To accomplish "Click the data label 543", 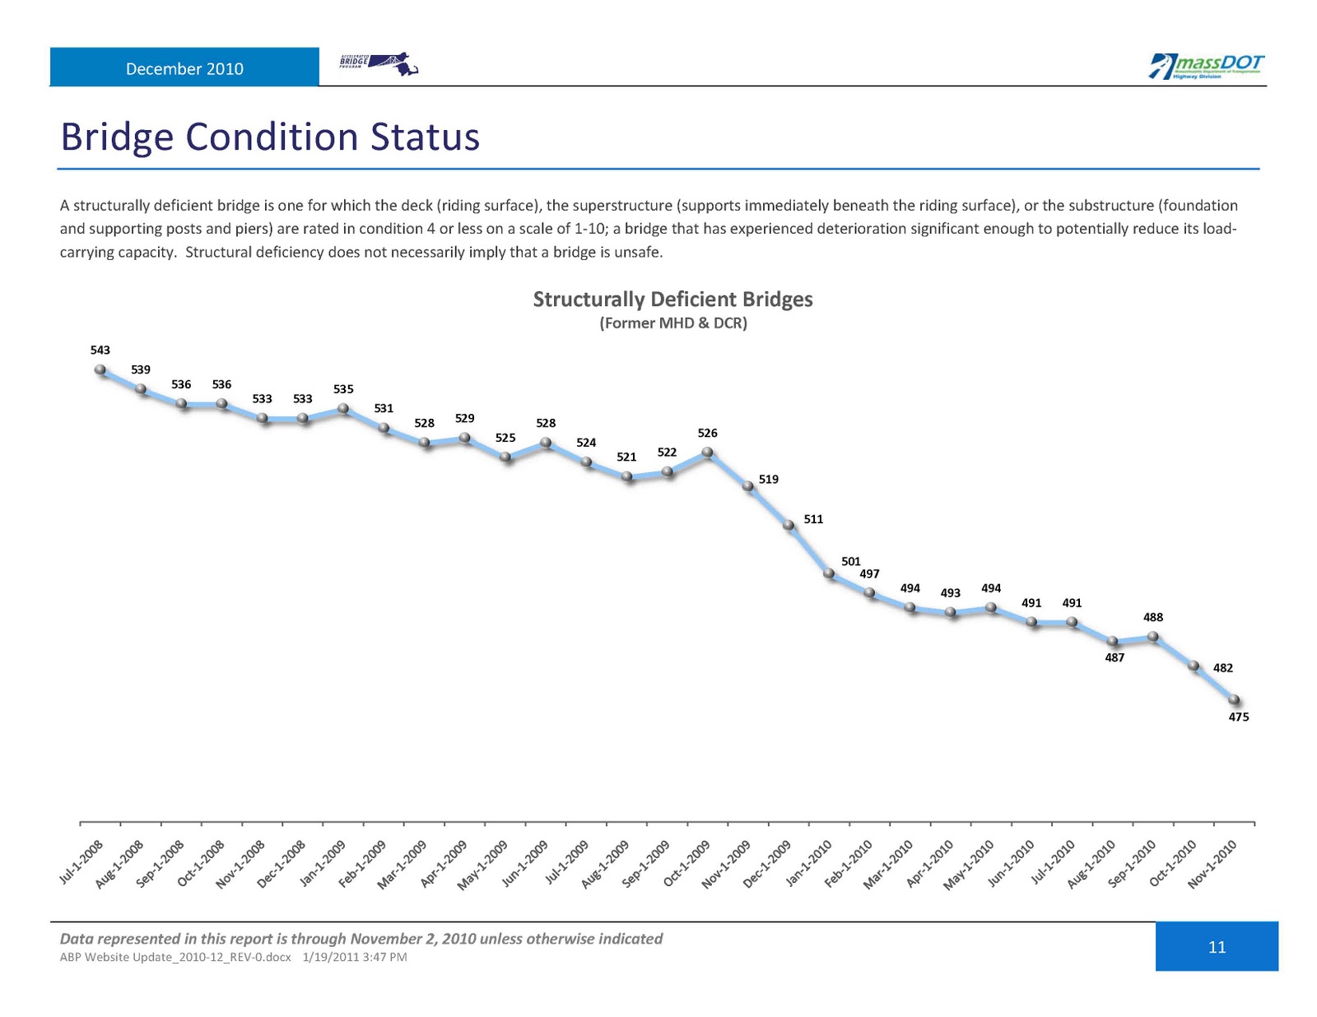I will coord(100,350).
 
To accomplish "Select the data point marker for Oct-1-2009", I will coord(707,452).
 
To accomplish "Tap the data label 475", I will coord(1239,717).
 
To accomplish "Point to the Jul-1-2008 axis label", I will coord(81,862).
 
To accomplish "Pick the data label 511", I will coord(813,519).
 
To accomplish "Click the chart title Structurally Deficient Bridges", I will coord(672,299).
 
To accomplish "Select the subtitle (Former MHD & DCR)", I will coord(672,323).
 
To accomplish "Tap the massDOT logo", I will coord(1207,66).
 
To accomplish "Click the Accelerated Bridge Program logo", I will coord(379,64).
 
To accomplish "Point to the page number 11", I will coord(1217,947).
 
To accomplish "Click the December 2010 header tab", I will coord(184,68).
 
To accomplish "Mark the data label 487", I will coord(1115,657).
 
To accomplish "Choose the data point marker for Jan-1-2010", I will coord(829,574).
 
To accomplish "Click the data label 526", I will coord(707,433).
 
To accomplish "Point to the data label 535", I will coord(343,388).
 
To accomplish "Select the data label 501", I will coord(851,561).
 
